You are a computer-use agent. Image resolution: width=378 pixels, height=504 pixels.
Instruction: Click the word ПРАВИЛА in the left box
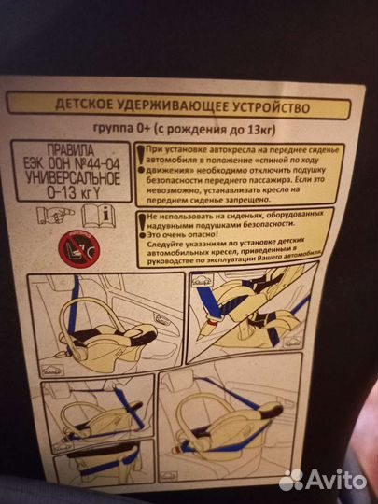click(x=69, y=147)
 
